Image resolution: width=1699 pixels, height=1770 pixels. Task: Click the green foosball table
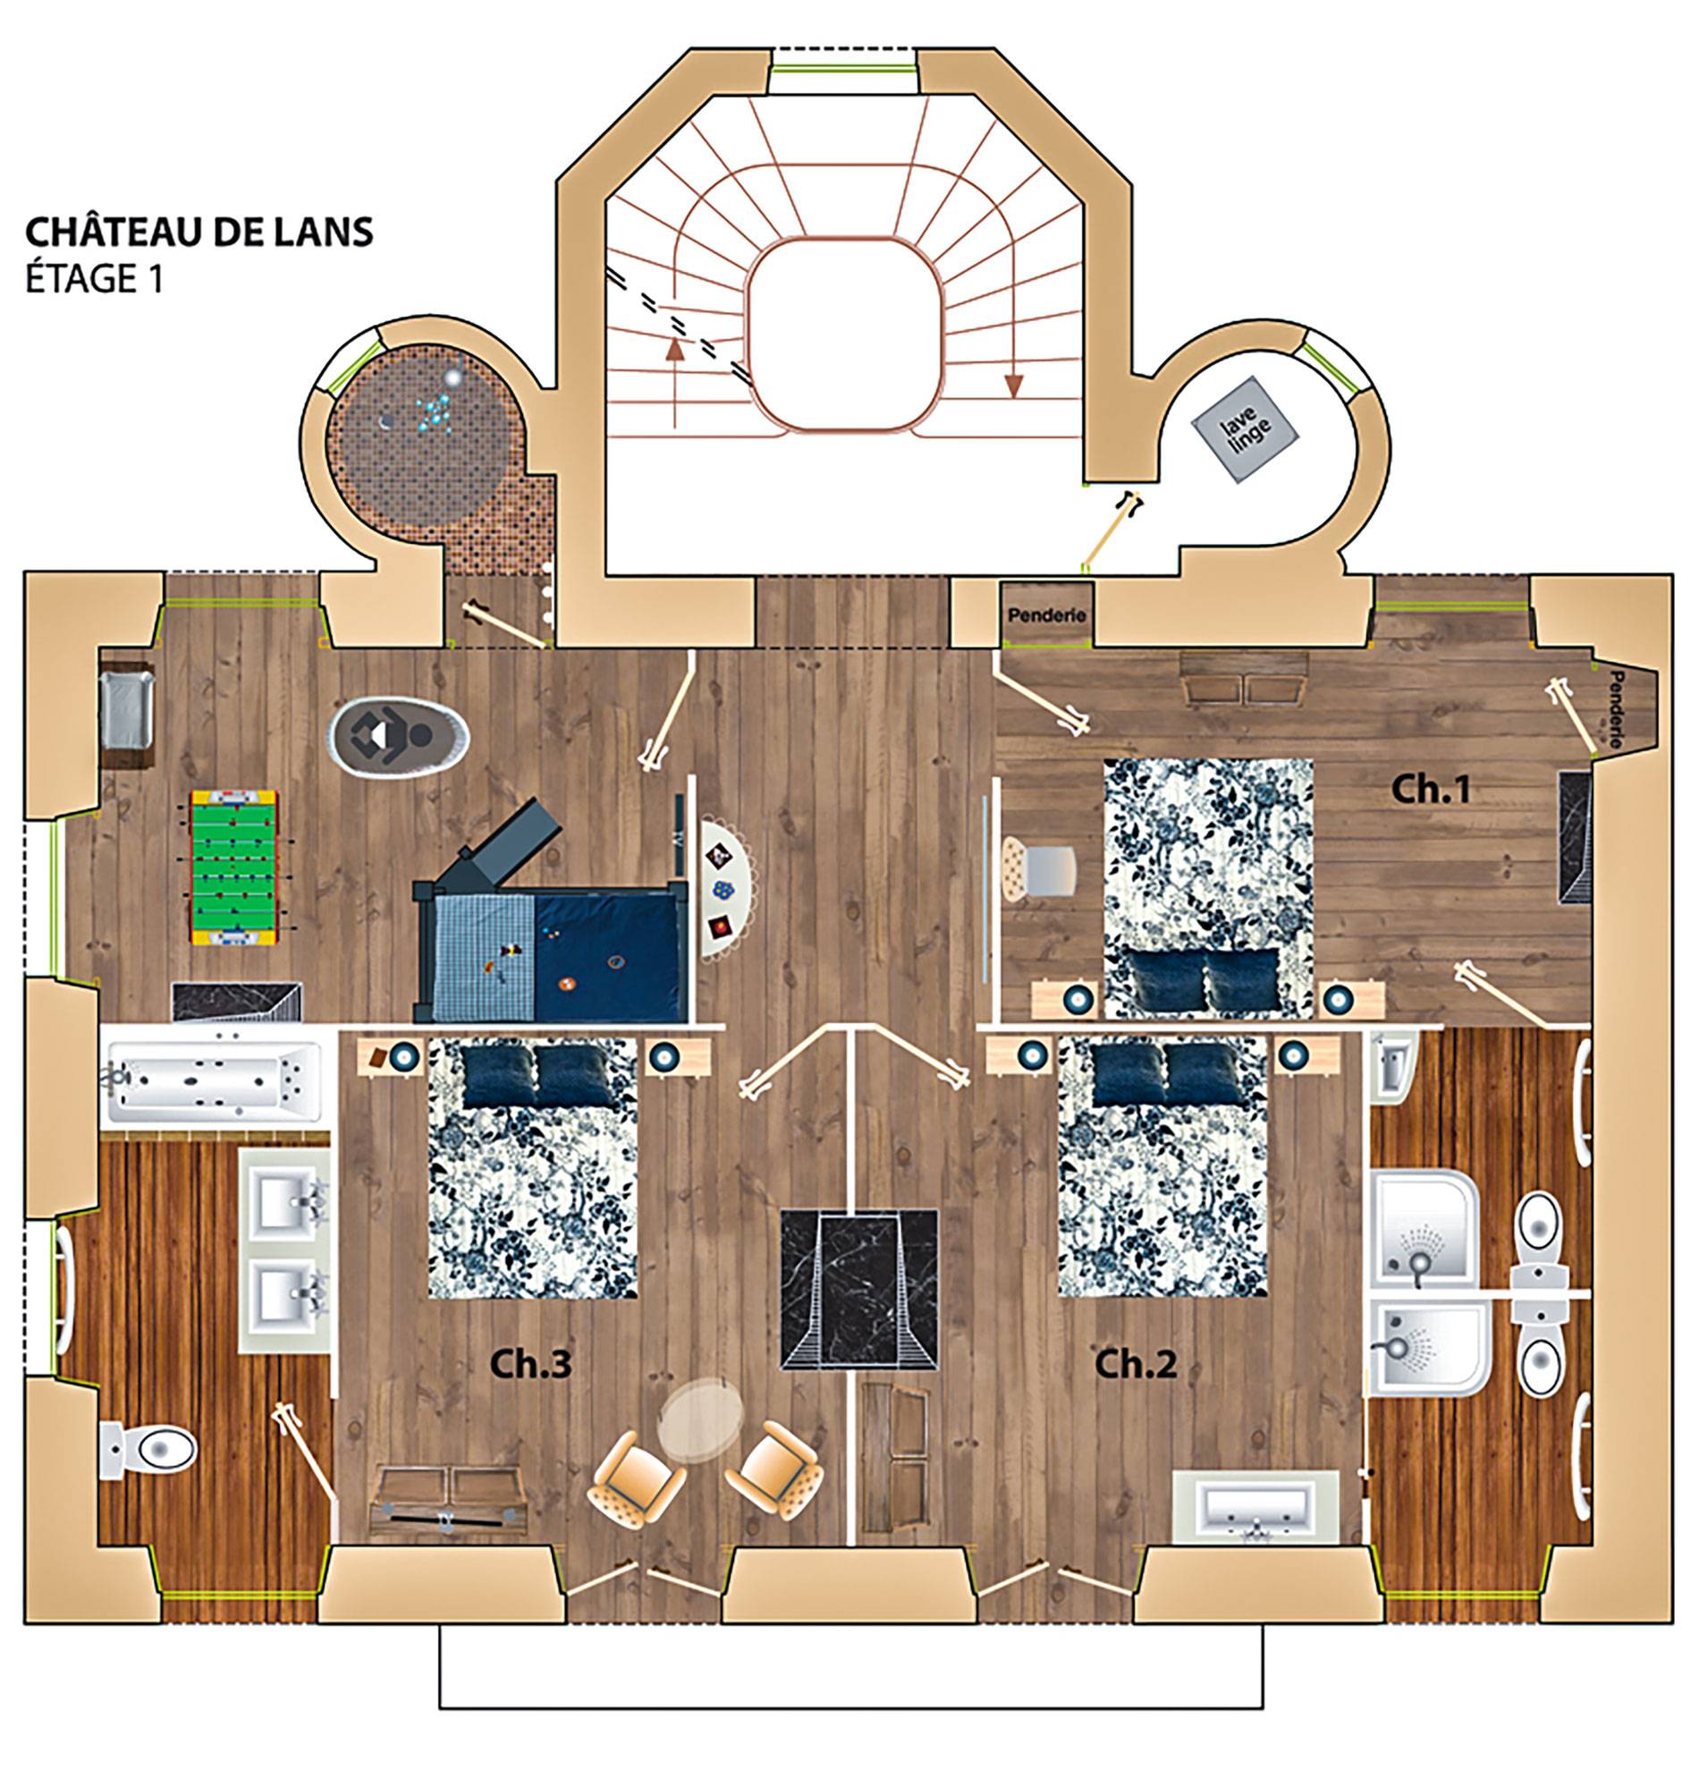(234, 869)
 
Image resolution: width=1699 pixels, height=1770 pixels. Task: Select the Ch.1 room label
(1431, 789)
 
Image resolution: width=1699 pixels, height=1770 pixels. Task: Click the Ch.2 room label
(1136, 1365)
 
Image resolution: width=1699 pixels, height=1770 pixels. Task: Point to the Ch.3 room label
(531, 1365)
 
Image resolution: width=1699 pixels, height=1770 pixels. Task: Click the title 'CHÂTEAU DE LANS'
(199, 232)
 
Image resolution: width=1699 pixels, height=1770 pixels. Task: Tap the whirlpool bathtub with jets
(212, 1079)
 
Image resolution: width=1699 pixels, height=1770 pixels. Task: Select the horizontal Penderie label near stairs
(1046, 616)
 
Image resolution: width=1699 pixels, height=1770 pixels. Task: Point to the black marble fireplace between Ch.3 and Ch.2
(858, 1292)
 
